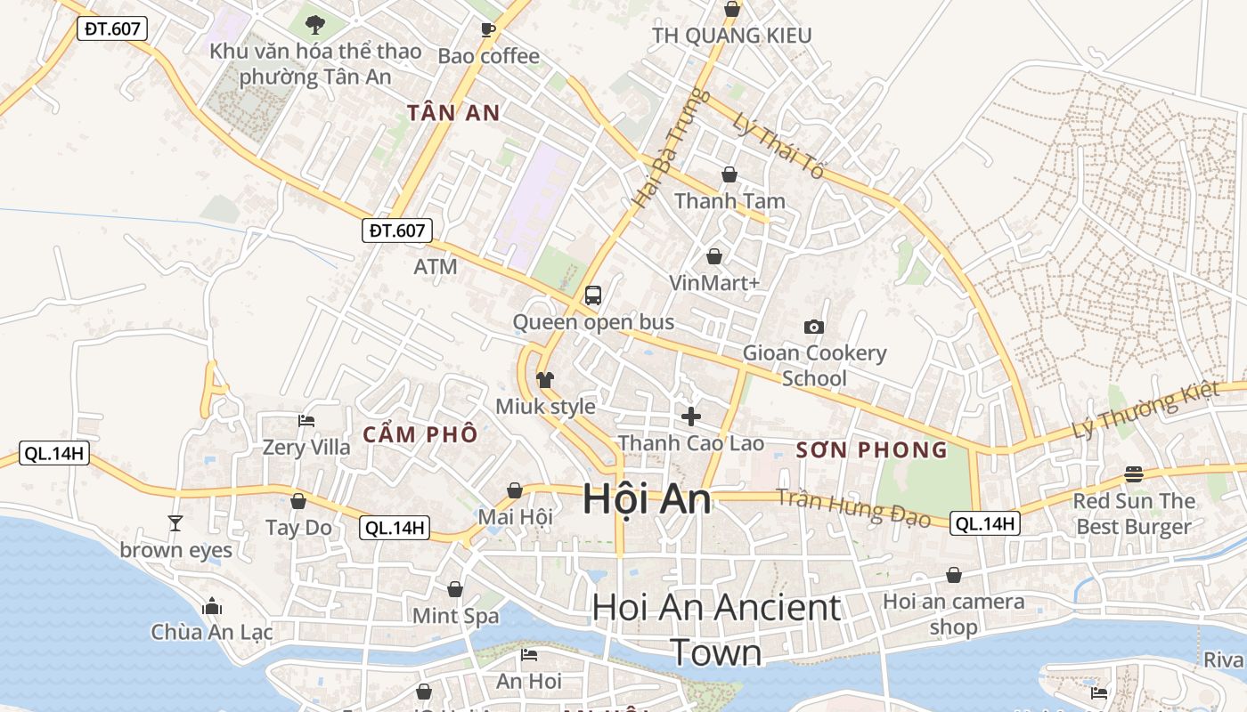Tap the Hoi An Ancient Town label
(x=716, y=629)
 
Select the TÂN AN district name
(x=453, y=113)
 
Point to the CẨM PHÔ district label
(x=420, y=435)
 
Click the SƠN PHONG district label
(x=872, y=449)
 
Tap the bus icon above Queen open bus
(x=593, y=295)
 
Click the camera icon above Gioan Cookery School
(x=813, y=327)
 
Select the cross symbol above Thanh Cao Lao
(x=690, y=416)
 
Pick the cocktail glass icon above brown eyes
(x=175, y=523)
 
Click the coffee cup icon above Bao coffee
(x=488, y=30)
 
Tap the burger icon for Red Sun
(x=1134, y=473)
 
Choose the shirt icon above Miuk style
(x=545, y=380)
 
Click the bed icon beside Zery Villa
(x=306, y=421)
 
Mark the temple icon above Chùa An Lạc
(x=212, y=606)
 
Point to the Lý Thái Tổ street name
(x=778, y=145)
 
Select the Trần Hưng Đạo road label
(x=852, y=507)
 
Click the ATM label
(x=436, y=266)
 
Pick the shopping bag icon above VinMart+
(x=714, y=257)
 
